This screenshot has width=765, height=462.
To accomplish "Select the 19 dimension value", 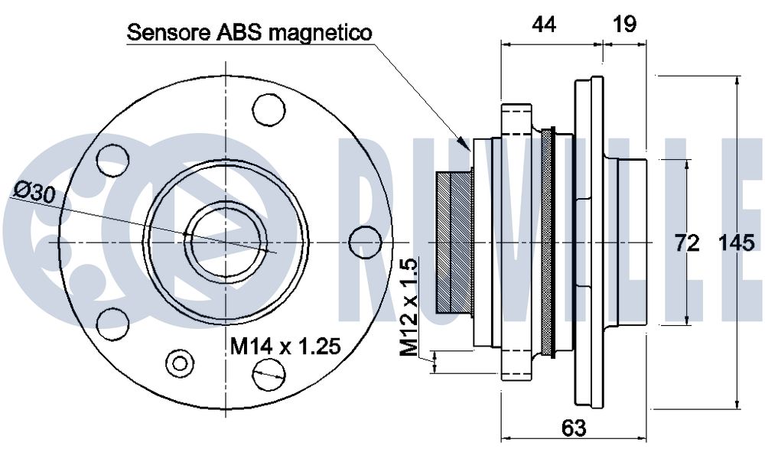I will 624,24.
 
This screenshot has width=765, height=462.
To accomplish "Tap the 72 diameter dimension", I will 687,243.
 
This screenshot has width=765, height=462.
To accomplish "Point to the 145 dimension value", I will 738,243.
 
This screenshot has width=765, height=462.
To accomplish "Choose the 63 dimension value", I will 573,427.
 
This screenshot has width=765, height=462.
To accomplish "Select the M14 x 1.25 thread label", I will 285,348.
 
